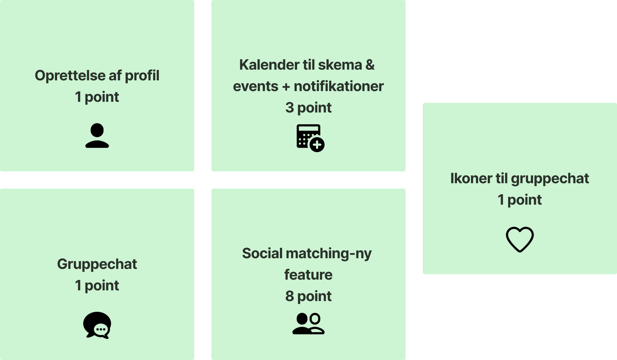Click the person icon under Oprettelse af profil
click(x=97, y=136)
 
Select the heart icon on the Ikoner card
click(x=520, y=239)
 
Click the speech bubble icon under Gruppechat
click(x=97, y=325)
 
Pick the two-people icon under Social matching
click(x=308, y=324)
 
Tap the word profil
click(x=142, y=76)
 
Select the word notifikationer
click(x=338, y=86)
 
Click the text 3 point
click(x=308, y=108)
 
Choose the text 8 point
click(x=308, y=296)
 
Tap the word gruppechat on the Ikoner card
click(x=550, y=179)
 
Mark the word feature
click(x=308, y=275)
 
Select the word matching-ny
click(x=329, y=254)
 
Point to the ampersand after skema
click(x=370, y=65)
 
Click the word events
click(x=255, y=86)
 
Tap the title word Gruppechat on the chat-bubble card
click(x=97, y=264)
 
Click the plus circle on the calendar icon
click(x=317, y=145)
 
